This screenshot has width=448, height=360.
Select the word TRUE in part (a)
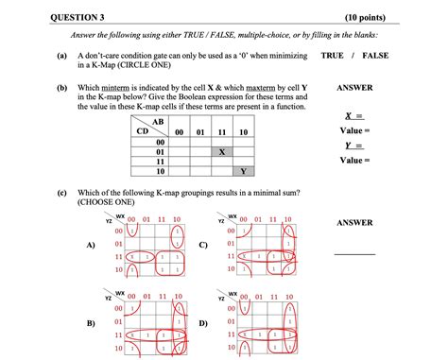(x=333, y=57)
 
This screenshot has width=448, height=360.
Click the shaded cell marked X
(x=222, y=151)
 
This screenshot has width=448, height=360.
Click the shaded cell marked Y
(x=244, y=172)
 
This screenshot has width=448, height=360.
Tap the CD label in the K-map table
(x=143, y=131)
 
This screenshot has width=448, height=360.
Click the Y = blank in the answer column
(x=356, y=146)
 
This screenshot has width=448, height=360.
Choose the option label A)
(x=91, y=245)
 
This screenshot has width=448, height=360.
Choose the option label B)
(x=91, y=324)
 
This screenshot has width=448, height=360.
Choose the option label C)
(x=204, y=245)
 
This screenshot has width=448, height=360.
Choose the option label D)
(x=204, y=324)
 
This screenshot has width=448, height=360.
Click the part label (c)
(x=61, y=192)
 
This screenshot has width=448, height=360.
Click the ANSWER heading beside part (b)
(x=355, y=88)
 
